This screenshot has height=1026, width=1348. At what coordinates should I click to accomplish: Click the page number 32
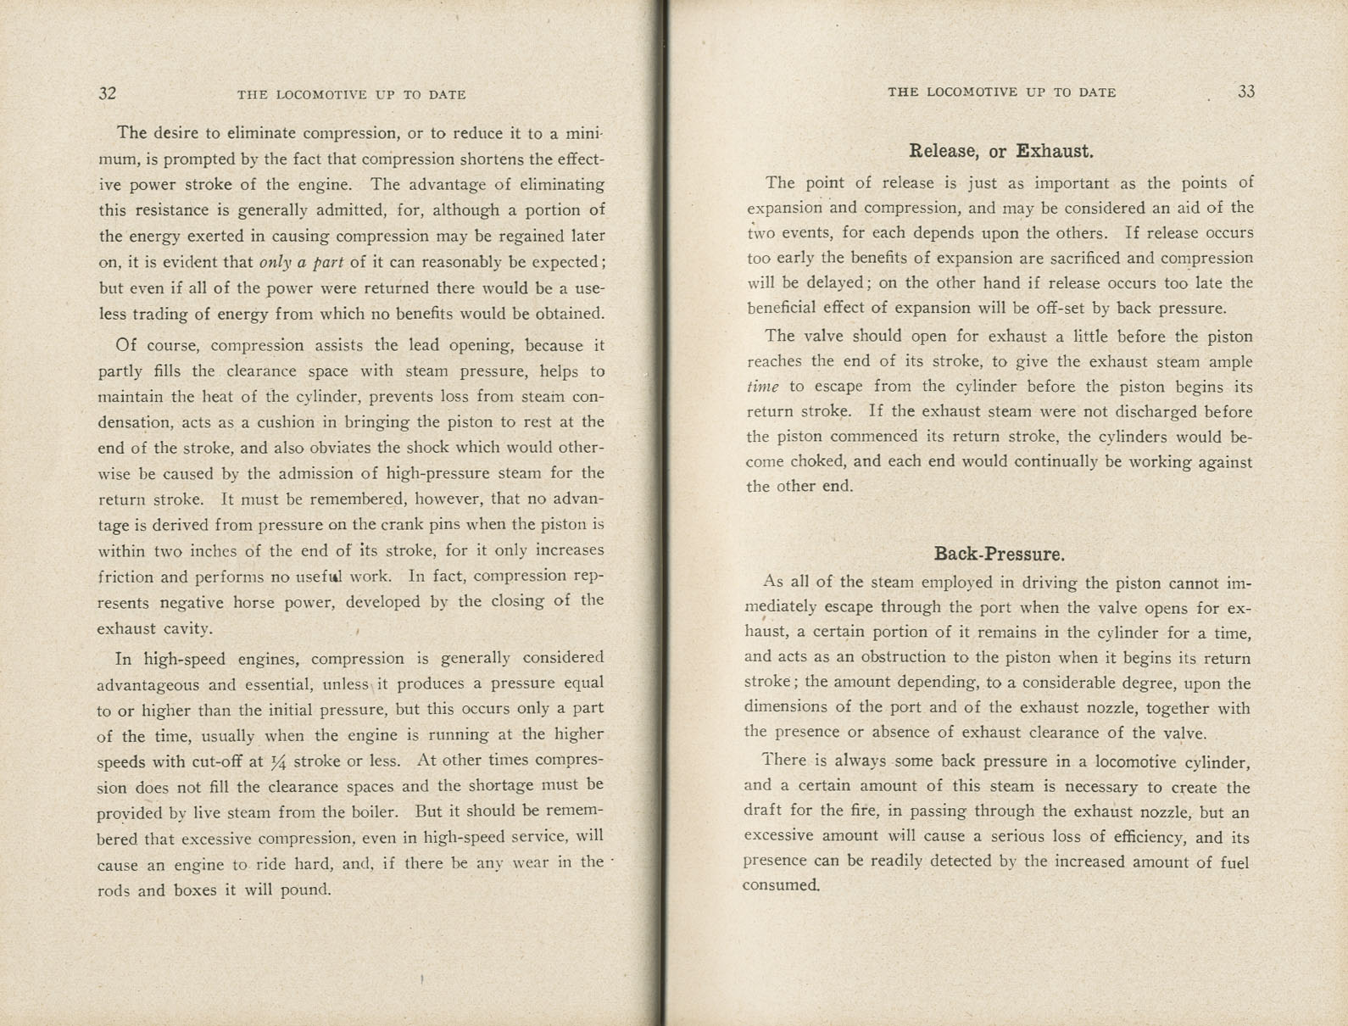point(108,94)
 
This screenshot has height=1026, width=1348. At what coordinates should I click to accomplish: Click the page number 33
point(1245,92)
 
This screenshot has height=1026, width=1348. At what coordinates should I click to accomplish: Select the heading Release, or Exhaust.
point(1000,152)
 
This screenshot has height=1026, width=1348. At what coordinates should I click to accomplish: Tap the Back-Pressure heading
point(999,555)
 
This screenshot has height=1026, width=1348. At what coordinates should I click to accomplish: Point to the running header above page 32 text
point(351,95)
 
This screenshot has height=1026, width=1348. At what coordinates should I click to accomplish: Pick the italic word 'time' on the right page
point(762,387)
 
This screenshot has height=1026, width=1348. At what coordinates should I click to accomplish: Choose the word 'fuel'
point(1232,862)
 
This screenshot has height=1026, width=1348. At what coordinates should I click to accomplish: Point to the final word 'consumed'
point(780,885)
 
